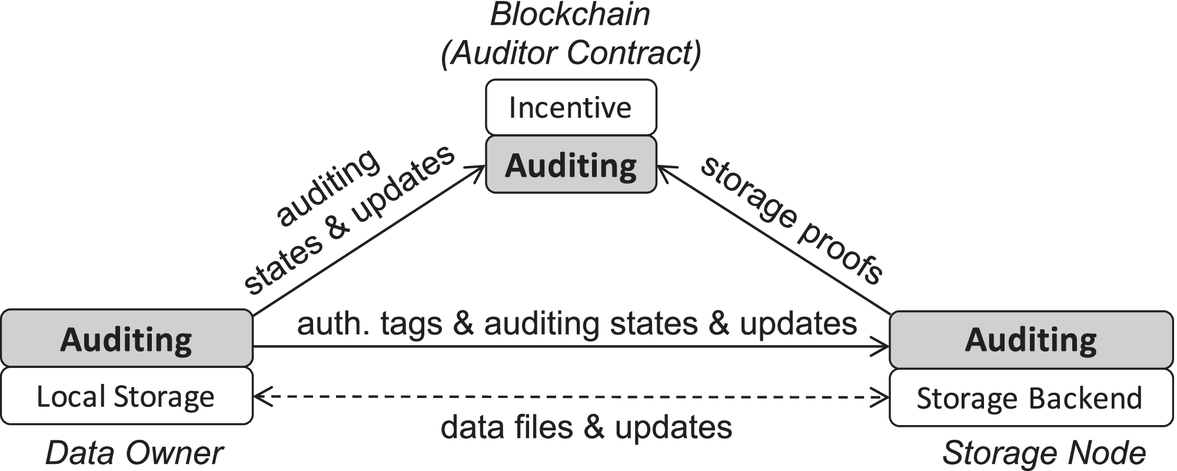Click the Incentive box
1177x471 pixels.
(570, 108)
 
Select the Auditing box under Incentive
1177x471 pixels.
(570, 165)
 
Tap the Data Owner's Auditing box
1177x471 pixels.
(127, 339)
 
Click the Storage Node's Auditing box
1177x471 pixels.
(1031, 340)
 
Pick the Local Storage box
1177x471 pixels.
(127, 396)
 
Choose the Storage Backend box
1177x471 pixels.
(1031, 398)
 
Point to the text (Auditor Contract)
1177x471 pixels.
(571, 53)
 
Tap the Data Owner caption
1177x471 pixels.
(134, 453)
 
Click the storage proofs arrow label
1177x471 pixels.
(792, 221)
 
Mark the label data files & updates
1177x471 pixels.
(586, 427)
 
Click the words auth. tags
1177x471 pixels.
(370, 324)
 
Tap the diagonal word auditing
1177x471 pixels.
(328, 187)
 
